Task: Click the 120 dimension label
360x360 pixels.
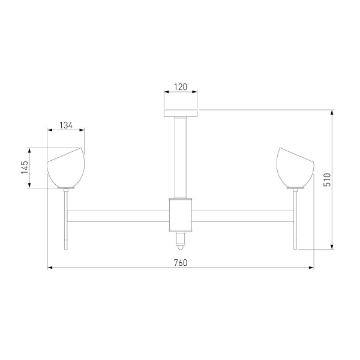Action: [x=181, y=87]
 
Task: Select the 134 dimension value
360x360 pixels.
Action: [x=66, y=125]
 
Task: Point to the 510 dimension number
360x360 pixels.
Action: [x=327, y=179]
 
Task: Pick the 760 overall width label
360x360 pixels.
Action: [x=181, y=262]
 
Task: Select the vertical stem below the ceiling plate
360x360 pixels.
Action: [x=181, y=156]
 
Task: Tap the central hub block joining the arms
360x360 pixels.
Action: [x=181, y=215]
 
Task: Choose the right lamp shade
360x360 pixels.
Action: [x=295, y=169]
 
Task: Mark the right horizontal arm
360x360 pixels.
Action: [x=243, y=215]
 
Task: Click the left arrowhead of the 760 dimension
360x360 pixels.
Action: [x=50, y=268]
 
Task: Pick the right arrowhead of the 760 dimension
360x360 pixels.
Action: [x=311, y=268]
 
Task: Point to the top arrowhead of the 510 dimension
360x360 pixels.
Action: [x=332, y=112]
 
